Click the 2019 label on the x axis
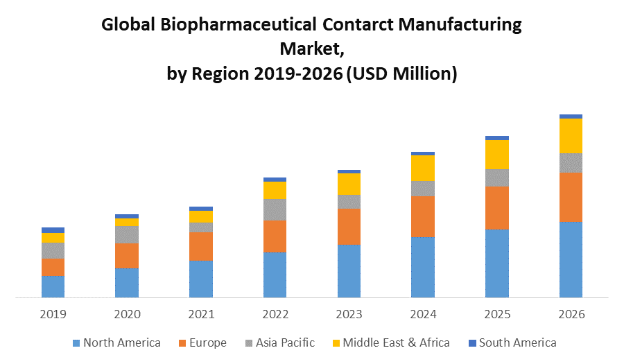[x=53, y=314]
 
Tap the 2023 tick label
[x=349, y=314]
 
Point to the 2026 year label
[x=571, y=314]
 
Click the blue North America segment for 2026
[x=571, y=259]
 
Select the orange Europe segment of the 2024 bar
[x=423, y=216]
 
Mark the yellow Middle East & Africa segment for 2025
[x=497, y=154]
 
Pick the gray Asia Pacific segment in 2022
[x=275, y=209]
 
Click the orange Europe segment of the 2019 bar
[x=53, y=267]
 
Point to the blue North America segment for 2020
[x=127, y=283]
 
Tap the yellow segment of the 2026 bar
[x=571, y=136]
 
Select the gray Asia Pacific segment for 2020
[x=127, y=234]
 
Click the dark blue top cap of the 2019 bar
[x=53, y=229]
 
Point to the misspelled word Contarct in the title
[x=365, y=26]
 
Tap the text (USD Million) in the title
[x=401, y=73]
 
